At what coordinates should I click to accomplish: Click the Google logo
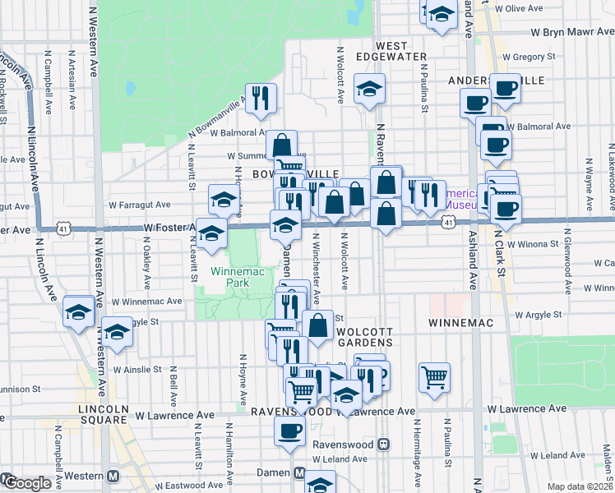(x=26, y=483)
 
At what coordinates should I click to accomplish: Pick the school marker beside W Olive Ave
(x=442, y=14)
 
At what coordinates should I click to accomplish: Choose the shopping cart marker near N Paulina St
(x=434, y=377)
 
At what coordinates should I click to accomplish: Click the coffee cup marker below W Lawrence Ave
(x=289, y=431)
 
